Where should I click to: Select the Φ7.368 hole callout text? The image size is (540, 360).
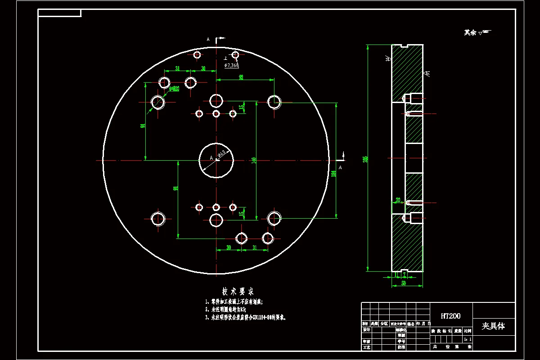(232, 65)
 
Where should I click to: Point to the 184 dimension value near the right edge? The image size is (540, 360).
(334, 174)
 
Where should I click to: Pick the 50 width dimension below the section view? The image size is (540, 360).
(404, 283)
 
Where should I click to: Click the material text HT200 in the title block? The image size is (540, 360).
(451, 316)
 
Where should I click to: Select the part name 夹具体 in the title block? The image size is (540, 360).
(493, 326)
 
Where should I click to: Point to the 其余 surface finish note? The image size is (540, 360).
(471, 32)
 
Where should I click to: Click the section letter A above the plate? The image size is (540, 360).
(208, 40)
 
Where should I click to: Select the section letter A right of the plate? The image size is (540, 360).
(340, 167)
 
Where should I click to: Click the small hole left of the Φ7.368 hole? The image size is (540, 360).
(197, 54)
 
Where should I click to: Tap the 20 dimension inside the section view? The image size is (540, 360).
(398, 200)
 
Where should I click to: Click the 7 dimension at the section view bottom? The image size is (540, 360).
(405, 274)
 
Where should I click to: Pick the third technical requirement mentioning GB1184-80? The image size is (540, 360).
(245, 317)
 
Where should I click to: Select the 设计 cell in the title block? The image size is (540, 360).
(366, 330)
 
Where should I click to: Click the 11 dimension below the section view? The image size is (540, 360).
(396, 274)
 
